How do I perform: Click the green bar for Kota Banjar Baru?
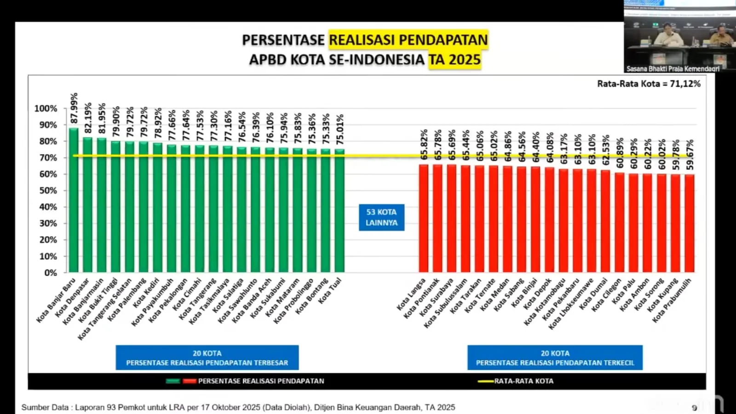coord(74,200)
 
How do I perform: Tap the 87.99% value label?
coord(74,109)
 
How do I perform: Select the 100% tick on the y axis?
coord(46,109)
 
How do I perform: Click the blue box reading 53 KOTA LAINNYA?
coord(381,217)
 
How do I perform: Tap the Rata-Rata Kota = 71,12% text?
coord(649,84)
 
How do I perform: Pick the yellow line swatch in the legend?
coord(485,381)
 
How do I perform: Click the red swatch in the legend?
coord(190,381)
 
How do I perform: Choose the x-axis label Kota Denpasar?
coord(72,298)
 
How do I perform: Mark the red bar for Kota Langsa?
coord(423,218)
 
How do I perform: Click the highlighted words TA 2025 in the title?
coord(455,60)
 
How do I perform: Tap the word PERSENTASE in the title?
coord(283,41)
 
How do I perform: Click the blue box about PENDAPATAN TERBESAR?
coord(207,358)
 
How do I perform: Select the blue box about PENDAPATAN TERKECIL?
coord(555,358)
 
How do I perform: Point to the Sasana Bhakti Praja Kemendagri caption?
coord(673,69)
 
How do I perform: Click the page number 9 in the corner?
coord(694,408)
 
